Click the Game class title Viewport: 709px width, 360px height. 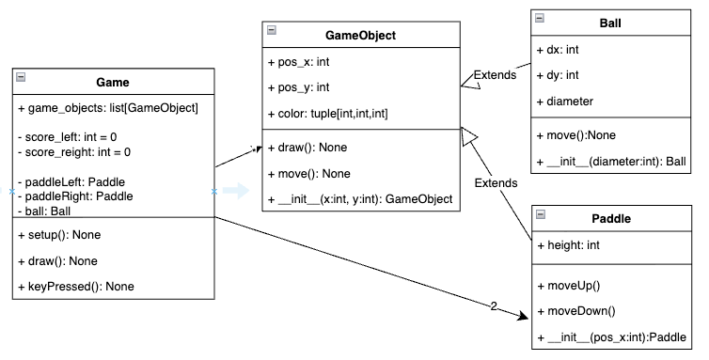113,83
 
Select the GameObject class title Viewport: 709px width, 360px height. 360,36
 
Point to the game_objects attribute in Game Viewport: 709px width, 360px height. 108,108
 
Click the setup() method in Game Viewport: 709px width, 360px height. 60,234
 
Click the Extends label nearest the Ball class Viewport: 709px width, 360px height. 495,74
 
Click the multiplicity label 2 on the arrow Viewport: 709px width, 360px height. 495,305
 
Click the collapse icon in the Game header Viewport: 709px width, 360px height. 21,78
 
